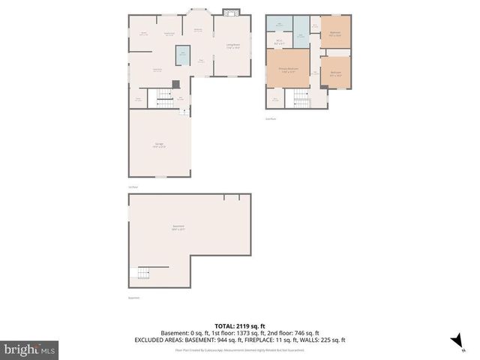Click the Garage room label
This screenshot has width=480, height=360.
pos(159,145)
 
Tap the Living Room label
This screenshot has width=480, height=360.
pos(233,46)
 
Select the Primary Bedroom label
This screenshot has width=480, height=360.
pos(288,70)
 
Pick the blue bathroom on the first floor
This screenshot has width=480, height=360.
pos(182,55)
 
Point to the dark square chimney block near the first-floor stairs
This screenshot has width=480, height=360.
pos(175,84)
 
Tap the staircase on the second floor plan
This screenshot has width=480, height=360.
pos(301,98)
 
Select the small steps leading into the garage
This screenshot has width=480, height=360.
pos(183,112)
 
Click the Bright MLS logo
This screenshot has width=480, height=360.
pos(29,349)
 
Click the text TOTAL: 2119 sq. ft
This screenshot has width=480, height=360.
pos(240,326)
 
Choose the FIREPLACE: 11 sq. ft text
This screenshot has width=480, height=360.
pos(271,340)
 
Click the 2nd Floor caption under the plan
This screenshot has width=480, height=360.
pos(271,118)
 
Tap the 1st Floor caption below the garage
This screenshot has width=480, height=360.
pos(133,187)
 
